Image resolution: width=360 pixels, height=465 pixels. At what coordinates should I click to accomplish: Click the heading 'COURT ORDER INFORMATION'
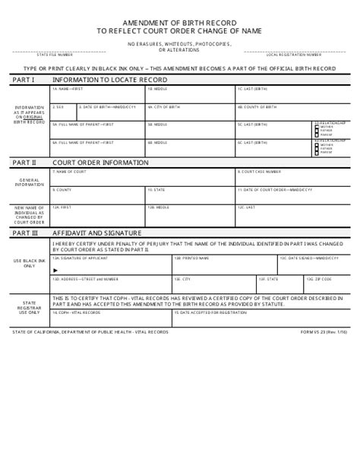click(90, 162)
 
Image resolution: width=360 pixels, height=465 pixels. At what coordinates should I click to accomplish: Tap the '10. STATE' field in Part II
click(190, 194)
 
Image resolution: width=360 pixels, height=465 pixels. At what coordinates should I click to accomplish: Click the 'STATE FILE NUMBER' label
click(55, 55)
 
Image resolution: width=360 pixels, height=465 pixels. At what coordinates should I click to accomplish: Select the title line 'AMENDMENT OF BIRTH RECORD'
click(179, 24)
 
